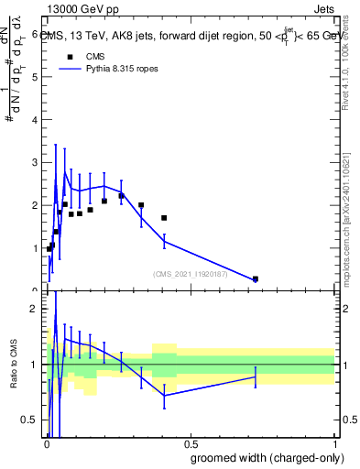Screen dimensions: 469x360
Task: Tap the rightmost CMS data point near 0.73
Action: [x=256, y=278]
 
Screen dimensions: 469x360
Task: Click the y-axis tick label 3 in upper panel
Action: [x=35, y=162]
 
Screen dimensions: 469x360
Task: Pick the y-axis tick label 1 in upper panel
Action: [x=35, y=248]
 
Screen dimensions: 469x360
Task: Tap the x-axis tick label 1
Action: [x=334, y=445]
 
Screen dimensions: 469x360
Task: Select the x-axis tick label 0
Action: [x=46, y=445]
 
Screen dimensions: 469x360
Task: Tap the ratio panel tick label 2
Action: [x=35, y=309]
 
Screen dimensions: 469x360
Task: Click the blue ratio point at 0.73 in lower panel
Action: [x=256, y=376]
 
